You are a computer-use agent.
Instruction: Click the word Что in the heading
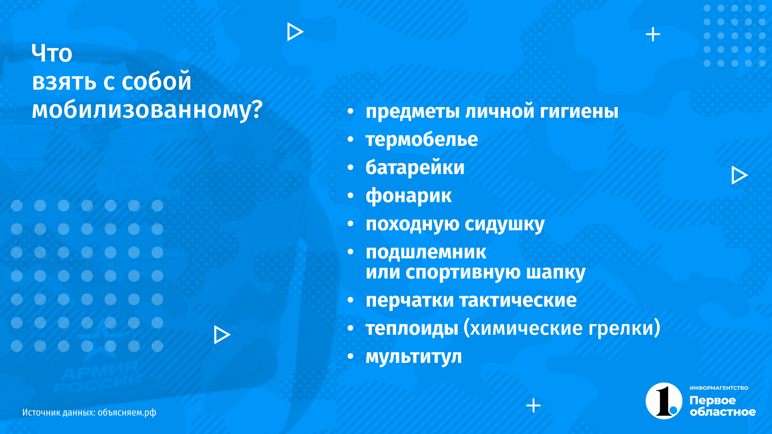pyautogui.click(x=52, y=53)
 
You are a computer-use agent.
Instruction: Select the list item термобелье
pyautogui.click(x=422, y=139)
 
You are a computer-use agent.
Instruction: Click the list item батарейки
pyautogui.click(x=415, y=167)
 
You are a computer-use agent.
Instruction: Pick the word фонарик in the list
pyautogui.click(x=409, y=196)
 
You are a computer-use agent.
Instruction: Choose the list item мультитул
pyautogui.click(x=414, y=357)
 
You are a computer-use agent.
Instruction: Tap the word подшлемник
pyautogui.click(x=426, y=252)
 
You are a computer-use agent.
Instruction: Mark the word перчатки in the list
pyautogui.click(x=410, y=301)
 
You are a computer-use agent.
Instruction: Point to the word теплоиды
pyautogui.click(x=412, y=328)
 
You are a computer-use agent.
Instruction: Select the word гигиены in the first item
pyautogui.click(x=579, y=111)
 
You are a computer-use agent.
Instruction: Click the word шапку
pyautogui.click(x=556, y=272)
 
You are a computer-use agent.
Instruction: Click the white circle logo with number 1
pyautogui.click(x=664, y=401)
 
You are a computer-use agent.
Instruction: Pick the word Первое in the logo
pyautogui.click(x=712, y=400)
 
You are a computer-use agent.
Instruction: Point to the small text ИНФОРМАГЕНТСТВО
pyautogui.click(x=719, y=388)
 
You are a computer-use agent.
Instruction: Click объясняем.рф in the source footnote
pyautogui.click(x=127, y=412)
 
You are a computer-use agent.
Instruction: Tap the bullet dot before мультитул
pyautogui.click(x=351, y=356)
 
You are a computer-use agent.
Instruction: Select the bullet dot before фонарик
pyautogui.click(x=351, y=196)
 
